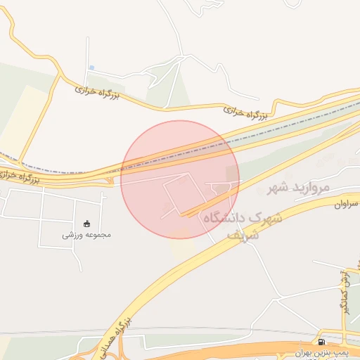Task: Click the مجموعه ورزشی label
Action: pyautogui.click(x=87, y=234)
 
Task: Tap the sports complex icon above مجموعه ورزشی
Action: pyautogui.click(x=87, y=224)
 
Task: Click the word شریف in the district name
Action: pyautogui.click(x=244, y=236)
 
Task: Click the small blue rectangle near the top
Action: pyautogui.click(x=91, y=67)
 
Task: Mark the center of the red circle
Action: pyautogui.click(x=180, y=179)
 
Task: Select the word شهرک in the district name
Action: pyautogui.click(x=266, y=217)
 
